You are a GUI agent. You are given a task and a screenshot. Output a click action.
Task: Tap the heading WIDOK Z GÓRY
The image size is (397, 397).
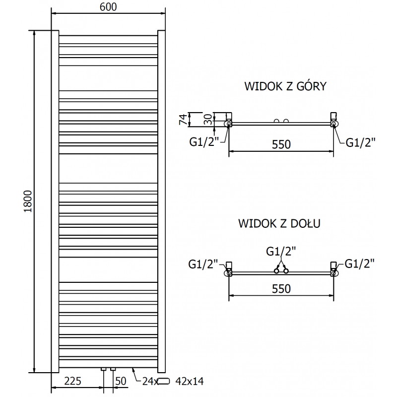(285, 87)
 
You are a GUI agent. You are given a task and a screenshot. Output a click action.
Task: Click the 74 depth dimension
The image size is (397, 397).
(183, 119)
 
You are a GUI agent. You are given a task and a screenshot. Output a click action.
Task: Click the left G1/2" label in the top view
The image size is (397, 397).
(203, 142)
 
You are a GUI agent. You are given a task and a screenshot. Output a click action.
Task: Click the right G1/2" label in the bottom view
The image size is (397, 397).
(359, 263)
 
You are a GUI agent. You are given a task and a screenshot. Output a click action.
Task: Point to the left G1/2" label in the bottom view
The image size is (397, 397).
(203, 264)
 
